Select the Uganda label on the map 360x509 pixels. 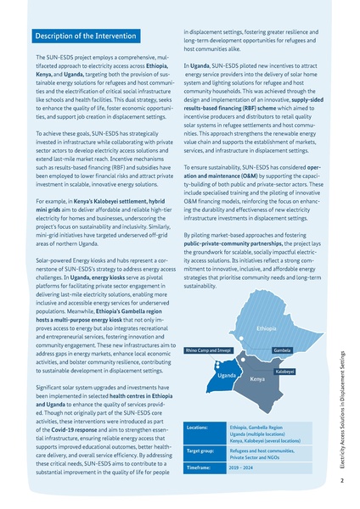pyautogui.click(x=226, y=375)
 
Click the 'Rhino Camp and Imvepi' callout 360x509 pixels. pyautogui.click(x=207, y=350)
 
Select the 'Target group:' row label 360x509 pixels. pyautogui.click(x=204, y=450)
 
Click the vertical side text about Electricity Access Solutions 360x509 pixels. pyautogui.click(x=340, y=407)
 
